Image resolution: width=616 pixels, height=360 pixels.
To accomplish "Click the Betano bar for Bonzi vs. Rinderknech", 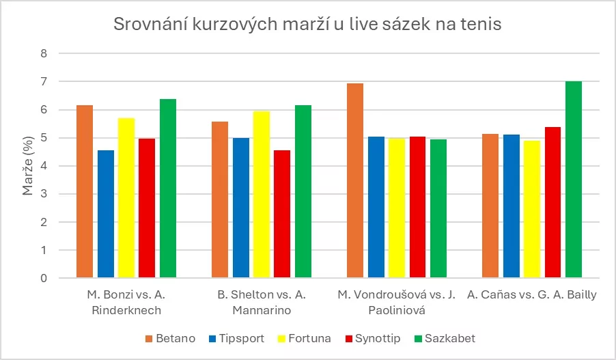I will pos(85,192).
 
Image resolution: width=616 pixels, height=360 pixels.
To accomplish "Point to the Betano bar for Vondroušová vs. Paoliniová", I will pos(355,181).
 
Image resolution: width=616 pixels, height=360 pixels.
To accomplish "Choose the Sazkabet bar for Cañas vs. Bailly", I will pos(574,180).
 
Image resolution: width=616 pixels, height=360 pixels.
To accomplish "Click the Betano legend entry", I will pos(171,339).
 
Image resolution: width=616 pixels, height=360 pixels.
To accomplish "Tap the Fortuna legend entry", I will pos(305,339).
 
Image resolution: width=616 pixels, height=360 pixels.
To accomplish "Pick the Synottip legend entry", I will pos(372,339).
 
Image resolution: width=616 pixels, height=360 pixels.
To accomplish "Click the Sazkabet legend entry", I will pos(443,339).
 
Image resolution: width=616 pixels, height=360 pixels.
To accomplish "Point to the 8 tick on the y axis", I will pos(44,53).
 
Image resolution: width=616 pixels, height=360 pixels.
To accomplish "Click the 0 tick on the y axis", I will pos(44,279).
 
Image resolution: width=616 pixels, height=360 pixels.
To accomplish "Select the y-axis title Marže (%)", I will pos(28,166).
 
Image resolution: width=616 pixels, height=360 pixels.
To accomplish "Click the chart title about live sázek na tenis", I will pos(308,25).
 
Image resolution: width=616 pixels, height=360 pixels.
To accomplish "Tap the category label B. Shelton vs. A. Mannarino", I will pos(262,303).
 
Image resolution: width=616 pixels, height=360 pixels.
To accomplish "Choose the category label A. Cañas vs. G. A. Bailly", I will pos(532,295).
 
